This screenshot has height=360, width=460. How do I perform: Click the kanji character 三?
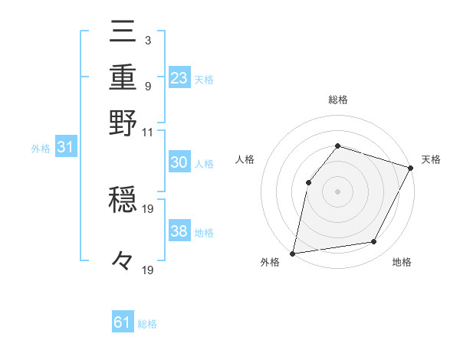123,33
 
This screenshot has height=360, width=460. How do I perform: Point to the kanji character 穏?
123,201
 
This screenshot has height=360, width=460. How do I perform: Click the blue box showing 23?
179,78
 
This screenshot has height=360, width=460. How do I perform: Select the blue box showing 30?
179,163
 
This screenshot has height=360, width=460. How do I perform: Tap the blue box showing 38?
179,232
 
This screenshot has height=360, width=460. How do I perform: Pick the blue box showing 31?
65,148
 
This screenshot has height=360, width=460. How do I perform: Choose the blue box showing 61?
123,323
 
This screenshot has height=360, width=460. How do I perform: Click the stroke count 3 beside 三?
147,40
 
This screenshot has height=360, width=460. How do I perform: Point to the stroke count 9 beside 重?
147,85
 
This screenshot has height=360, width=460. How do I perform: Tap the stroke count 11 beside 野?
147,132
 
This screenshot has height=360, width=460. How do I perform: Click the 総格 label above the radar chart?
338,100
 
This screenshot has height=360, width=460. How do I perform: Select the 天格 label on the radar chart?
431,159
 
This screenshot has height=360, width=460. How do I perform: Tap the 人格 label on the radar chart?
245,159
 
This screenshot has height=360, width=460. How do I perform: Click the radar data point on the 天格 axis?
410,168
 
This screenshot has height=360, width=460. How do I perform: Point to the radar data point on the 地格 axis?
374,242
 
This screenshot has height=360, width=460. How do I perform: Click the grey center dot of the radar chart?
337,191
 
